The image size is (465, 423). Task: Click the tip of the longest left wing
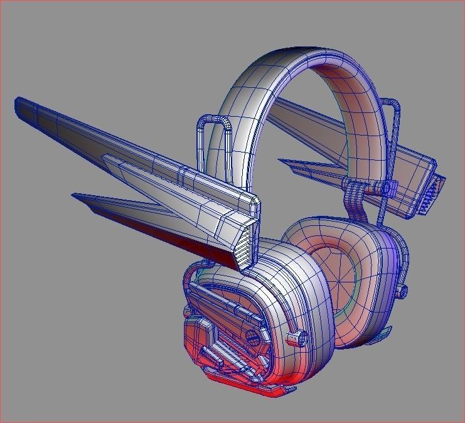pyautogui.click(x=18, y=101)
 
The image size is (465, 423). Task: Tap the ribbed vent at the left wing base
pyautogui.click(x=247, y=245)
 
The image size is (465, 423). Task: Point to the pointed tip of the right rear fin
pyautogui.click(x=281, y=163)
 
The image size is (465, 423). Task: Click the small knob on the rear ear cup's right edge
pyautogui.click(x=403, y=289)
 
